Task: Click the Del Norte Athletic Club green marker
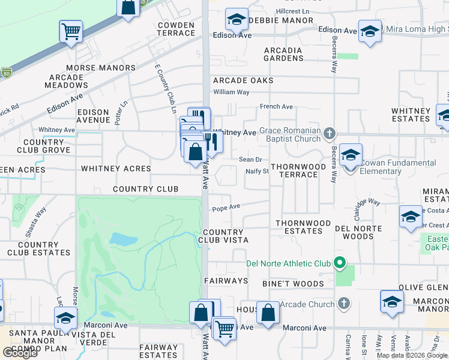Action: pos(339,263)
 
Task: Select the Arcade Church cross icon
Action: pos(343,304)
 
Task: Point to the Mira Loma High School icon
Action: pos(370,32)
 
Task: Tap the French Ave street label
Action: pos(276,107)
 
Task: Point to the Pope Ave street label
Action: pos(226,207)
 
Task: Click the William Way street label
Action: pos(231,92)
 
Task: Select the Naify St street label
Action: pos(256,172)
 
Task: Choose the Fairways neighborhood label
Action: pos(226,281)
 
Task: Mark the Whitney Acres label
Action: pos(116,169)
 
